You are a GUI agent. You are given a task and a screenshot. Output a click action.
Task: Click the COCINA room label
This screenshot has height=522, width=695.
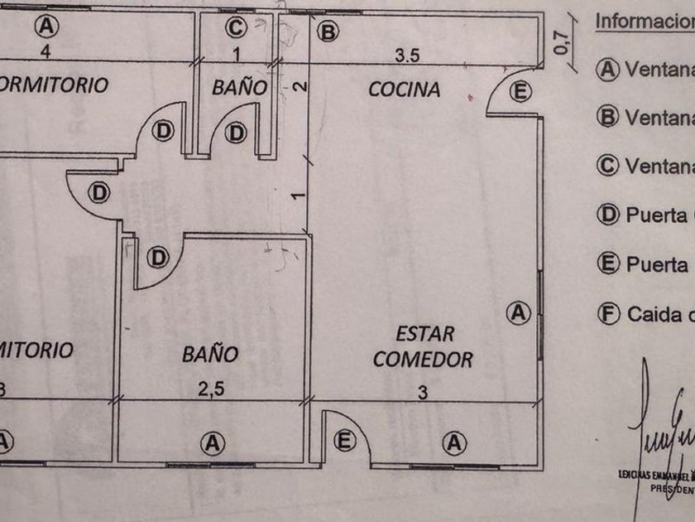click(404, 89)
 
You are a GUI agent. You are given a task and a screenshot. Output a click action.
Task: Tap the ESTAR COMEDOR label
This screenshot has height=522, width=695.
click(424, 346)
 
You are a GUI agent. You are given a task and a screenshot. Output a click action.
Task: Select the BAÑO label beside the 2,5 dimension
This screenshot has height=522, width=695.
click(210, 355)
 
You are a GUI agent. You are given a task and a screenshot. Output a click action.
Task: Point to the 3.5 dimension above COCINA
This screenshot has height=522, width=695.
click(408, 56)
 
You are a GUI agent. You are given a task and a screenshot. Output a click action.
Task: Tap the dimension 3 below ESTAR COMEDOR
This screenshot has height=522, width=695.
click(423, 392)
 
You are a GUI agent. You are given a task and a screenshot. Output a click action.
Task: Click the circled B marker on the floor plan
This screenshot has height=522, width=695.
click(328, 32)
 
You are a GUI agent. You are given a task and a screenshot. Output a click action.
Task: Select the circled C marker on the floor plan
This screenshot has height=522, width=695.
click(236, 28)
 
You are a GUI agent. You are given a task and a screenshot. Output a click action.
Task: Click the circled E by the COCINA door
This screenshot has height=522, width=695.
click(520, 92)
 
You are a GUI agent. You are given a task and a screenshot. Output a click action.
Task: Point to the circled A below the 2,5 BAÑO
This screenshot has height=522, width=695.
click(213, 443)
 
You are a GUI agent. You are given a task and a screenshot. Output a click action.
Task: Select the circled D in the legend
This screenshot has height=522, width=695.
click(608, 216)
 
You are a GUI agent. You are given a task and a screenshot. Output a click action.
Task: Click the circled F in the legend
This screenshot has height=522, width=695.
click(608, 314)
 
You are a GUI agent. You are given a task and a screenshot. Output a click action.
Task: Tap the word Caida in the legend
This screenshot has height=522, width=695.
click(654, 314)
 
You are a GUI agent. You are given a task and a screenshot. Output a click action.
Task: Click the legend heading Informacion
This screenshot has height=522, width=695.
click(645, 21)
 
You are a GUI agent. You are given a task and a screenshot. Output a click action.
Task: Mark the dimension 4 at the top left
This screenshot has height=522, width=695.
click(47, 51)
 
